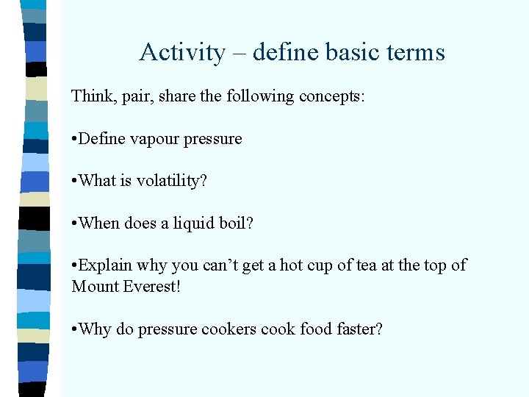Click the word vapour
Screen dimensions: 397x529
(154, 139)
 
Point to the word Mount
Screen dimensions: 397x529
(93, 286)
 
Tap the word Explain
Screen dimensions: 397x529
(105, 265)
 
